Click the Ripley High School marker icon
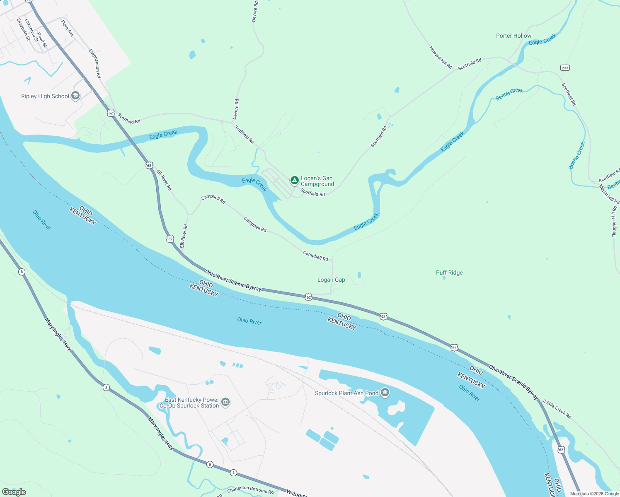click(x=75, y=96)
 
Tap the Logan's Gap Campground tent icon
click(x=294, y=180)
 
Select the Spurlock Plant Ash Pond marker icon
click(x=385, y=393)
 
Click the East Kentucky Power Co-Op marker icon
click(x=225, y=402)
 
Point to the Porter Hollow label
click(x=513, y=36)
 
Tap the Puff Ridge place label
click(x=449, y=273)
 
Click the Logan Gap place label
click(x=331, y=280)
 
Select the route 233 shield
click(x=565, y=68)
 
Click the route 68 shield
click(x=149, y=165)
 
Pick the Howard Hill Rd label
click(x=441, y=57)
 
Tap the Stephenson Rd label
click(x=95, y=64)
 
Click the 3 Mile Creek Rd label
click(x=557, y=409)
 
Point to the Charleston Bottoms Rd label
click(x=250, y=490)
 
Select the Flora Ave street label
click(x=68, y=28)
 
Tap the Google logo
click(x=14, y=492)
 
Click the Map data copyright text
click(x=594, y=494)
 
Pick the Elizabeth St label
click(x=24, y=29)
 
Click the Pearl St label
click(x=42, y=40)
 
